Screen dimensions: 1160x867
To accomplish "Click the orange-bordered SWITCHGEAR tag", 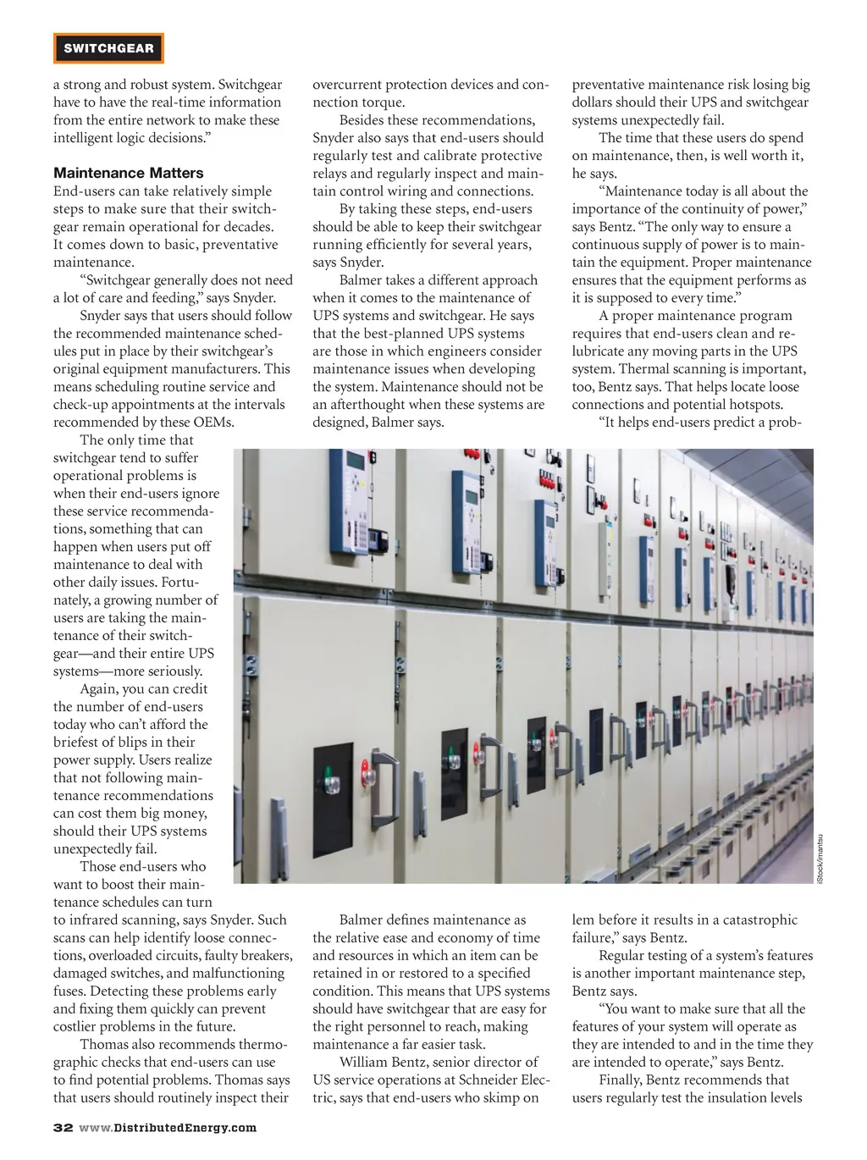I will (x=108, y=48).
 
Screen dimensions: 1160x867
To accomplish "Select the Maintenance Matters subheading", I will (x=129, y=174).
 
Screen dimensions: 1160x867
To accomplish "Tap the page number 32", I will (x=63, y=1128).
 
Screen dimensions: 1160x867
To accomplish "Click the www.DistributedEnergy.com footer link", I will (x=167, y=1128).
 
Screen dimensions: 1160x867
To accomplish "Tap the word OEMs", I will (x=213, y=423).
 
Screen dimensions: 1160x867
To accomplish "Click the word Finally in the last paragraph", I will (x=620, y=1080).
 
